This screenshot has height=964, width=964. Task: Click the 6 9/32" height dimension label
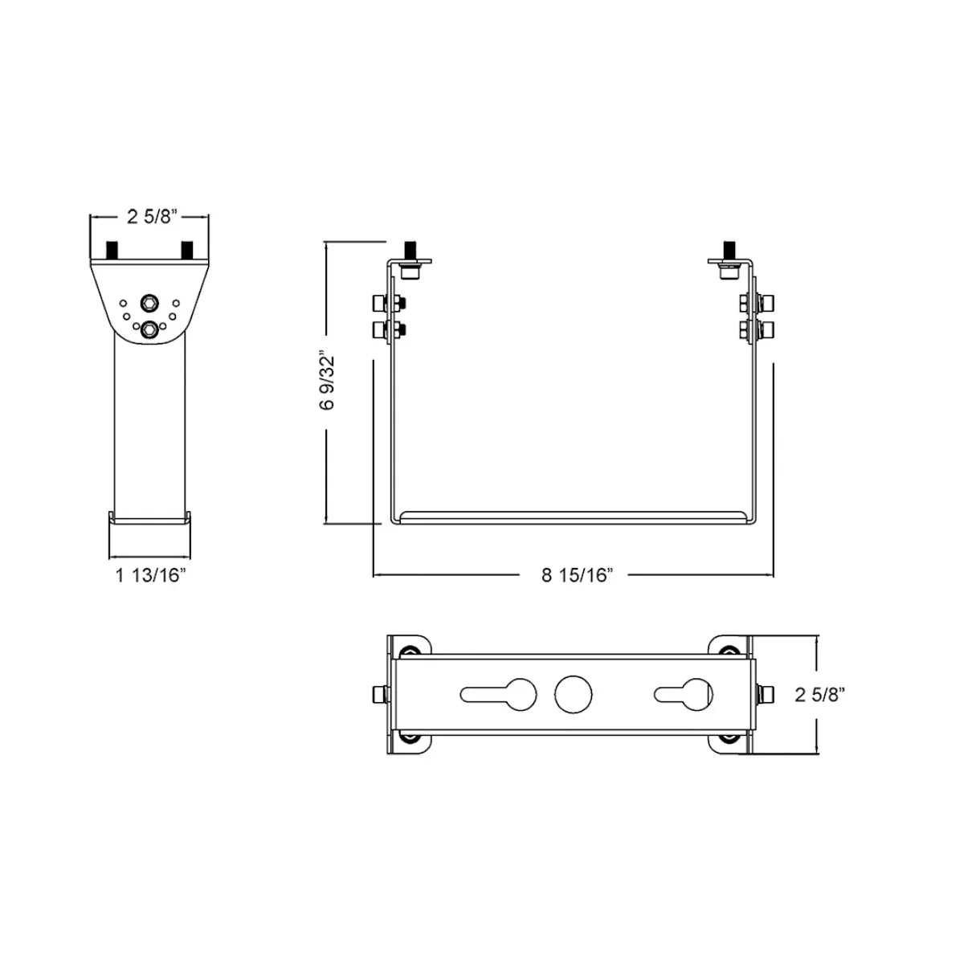tap(325, 379)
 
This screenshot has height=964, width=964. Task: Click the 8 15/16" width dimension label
tap(578, 575)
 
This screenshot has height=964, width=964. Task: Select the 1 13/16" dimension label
tap(151, 574)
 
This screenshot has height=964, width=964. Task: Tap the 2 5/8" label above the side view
tap(151, 215)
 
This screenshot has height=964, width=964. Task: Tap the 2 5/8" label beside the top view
tap(821, 694)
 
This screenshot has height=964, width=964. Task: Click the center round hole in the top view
tap(573, 694)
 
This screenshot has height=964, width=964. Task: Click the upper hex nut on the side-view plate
tap(149, 303)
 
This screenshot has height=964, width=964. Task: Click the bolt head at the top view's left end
tap(377, 694)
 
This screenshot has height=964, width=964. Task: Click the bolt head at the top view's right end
tap(767, 694)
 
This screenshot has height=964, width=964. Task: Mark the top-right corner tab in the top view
tap(729, 648)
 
